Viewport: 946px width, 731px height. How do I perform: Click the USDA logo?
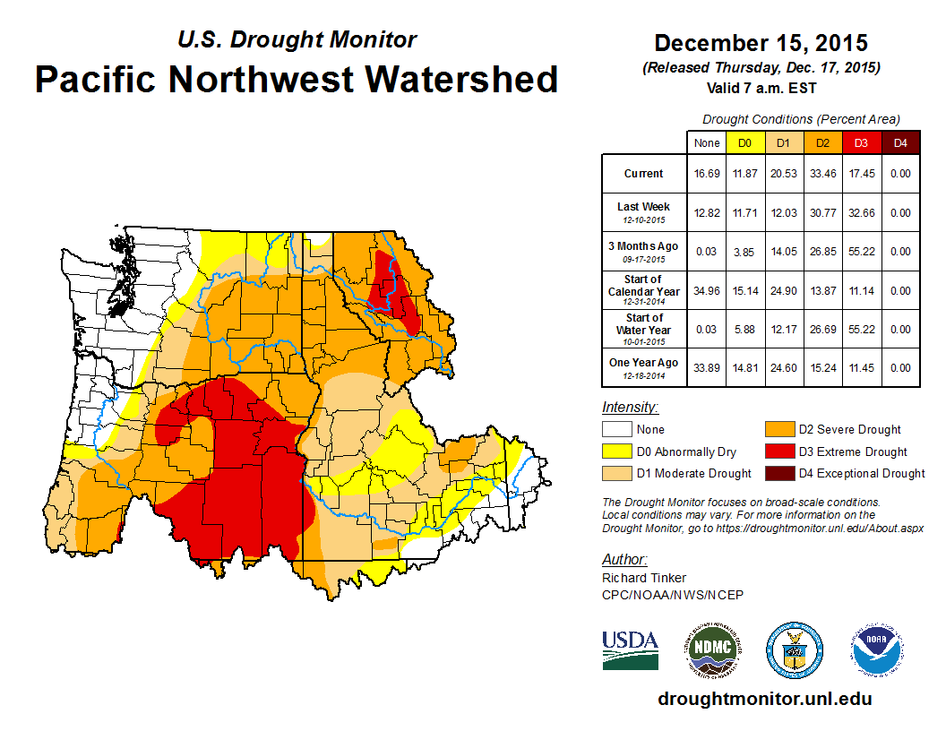click(x=630, y=649)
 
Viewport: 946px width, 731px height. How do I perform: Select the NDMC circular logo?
click(x=711, y=649)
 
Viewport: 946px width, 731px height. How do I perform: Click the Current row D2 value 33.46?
click(x=822, y=174)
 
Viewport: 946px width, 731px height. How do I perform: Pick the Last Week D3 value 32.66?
click(x=861, y=213)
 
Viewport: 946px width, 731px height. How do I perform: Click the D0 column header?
click(x=745, y=142)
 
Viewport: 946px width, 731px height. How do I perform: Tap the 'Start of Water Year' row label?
click(x=644, y=330)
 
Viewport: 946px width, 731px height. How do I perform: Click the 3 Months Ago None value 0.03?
click(x=707, y=252)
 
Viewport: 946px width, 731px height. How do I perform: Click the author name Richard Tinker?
click(x=644, y=578)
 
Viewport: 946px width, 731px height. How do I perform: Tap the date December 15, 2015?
click(x=761, y=43)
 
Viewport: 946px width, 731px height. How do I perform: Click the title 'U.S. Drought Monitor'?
click(x=297, y=40)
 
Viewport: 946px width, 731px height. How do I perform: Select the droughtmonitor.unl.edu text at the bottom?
click(x=764, y=699)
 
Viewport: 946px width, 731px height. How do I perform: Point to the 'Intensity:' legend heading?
click(x=630, y=408)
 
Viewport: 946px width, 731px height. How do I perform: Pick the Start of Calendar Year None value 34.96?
click(x=707, y=291)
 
